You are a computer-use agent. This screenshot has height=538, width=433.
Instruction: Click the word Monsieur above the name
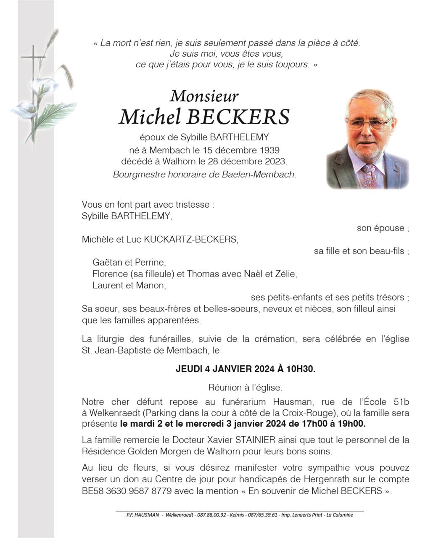tap(204, 96)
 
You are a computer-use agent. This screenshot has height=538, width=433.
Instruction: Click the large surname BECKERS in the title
tap(238, 117)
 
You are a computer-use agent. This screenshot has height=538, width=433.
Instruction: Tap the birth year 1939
tap(269, 150)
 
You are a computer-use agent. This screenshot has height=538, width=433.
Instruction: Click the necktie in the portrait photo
tap(369, 176)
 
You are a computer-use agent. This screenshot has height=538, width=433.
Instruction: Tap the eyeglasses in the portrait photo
tap(368, 123)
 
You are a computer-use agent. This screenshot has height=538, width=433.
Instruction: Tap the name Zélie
tap(285, 274)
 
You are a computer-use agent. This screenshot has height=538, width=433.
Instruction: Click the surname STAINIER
tap(255, 440)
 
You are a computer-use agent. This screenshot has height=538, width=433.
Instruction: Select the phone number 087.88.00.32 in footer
tap(212, 515)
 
